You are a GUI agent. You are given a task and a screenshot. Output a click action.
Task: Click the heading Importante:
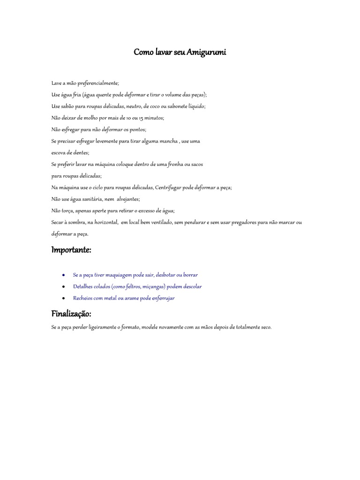click(x=71, y=250)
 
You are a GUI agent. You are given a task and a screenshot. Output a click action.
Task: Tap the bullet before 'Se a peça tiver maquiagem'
click(x=63, y=275)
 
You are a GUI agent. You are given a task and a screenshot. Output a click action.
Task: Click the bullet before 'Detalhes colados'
click(x=63, y=286)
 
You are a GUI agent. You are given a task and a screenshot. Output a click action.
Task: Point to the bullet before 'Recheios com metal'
click(x=63, y=298)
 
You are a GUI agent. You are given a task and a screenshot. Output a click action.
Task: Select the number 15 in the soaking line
click(x=139, y=118)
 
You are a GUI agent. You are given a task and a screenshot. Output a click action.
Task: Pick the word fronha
click(x=180, y=164)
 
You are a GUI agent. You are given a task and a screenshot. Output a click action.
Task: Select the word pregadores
click(x=252, y=222)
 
